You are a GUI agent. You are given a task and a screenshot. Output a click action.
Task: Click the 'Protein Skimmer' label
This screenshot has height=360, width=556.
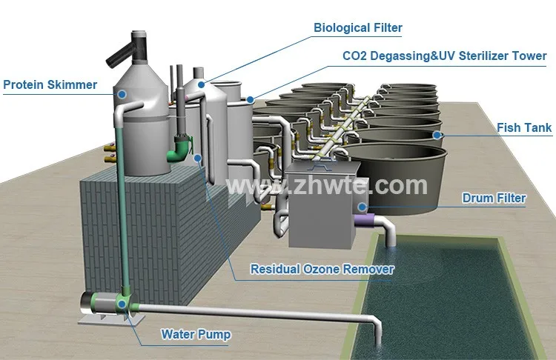(50, 84)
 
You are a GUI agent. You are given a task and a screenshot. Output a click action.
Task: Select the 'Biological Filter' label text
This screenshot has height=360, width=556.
(357, 28)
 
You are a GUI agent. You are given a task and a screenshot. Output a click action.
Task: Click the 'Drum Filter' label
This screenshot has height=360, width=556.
(494, 198)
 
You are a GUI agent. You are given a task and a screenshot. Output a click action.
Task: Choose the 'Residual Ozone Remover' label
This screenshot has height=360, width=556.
(322, 269)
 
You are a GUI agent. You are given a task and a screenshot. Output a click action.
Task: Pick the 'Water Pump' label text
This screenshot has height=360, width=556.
(196, 334)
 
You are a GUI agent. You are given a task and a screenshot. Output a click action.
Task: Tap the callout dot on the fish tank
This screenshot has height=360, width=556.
(438, 136)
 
